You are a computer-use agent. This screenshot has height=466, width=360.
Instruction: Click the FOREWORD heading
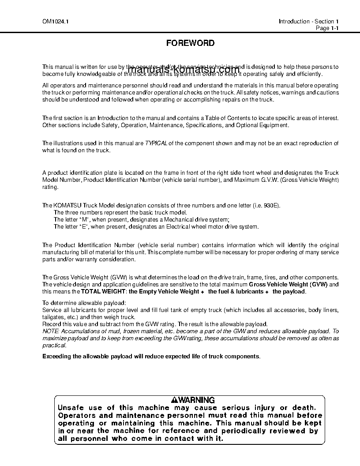click(x=190, y=43)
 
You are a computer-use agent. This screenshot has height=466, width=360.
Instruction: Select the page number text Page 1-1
click(x=327, y=28)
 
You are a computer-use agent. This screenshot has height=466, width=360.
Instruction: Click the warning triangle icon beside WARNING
click(x=175, y=400)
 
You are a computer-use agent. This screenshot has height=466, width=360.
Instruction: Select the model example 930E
click(x=272, y=206)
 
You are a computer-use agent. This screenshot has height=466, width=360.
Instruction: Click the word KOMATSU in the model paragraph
click(x=68, y=206)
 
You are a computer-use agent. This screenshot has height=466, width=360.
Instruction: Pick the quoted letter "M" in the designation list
click(x=83, y=220)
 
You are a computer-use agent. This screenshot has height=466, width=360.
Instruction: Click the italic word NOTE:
click(x=51, y=331)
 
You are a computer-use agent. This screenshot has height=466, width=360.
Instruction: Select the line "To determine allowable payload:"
click(x=84, y=303)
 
